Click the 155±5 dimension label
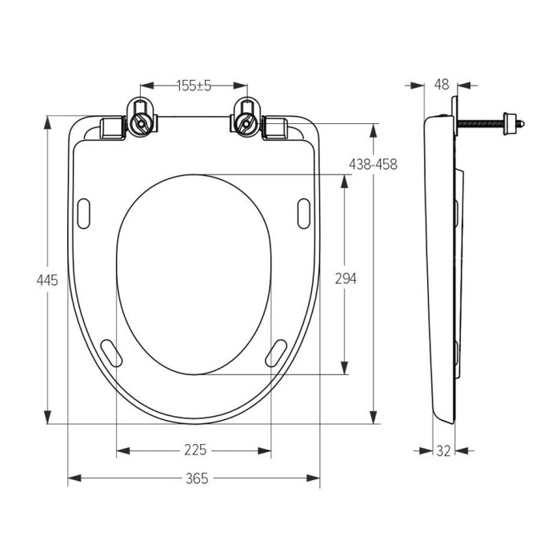pyautogui.click(x=194, y=86)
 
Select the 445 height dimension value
pyautogui.click(x=47, y=280)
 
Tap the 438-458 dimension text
pyautogui.click(x=373, y=164)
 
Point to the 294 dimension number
pyautogui.click(x=346, y=278)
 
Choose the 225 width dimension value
pyautogui.click(x=195, y=450)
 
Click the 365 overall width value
pyautogui.click(x=197, y=478)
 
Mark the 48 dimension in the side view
pyautogui.click(x=442, y=85)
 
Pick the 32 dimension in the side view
pyautogui.click(x=443, y=451)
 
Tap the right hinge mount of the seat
pyautogui.click(x=246, y=117)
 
